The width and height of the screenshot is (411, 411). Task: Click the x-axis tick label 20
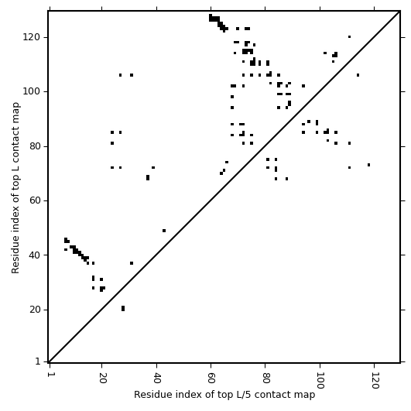pyautogui.click(x=102, y=378)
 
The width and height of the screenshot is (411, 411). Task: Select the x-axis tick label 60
pyautogui.click(x=211, y=378)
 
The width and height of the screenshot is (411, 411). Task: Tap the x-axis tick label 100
pyautogui.click(x=320, y=380)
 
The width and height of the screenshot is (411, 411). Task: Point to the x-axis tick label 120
pyautogui.click(x=375, y=380)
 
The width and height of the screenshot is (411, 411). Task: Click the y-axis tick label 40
pyautogui.click(x=35, y=255)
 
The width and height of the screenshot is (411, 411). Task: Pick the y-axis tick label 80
pyautogui.click(x=35, y=146)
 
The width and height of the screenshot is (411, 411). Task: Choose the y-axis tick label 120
pyautogui.click(x=32, y=37)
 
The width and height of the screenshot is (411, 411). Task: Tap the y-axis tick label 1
pyautogui.click(x=38, y=361)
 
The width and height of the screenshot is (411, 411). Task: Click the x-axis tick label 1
pyautogui.click(x=50, y=375)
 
